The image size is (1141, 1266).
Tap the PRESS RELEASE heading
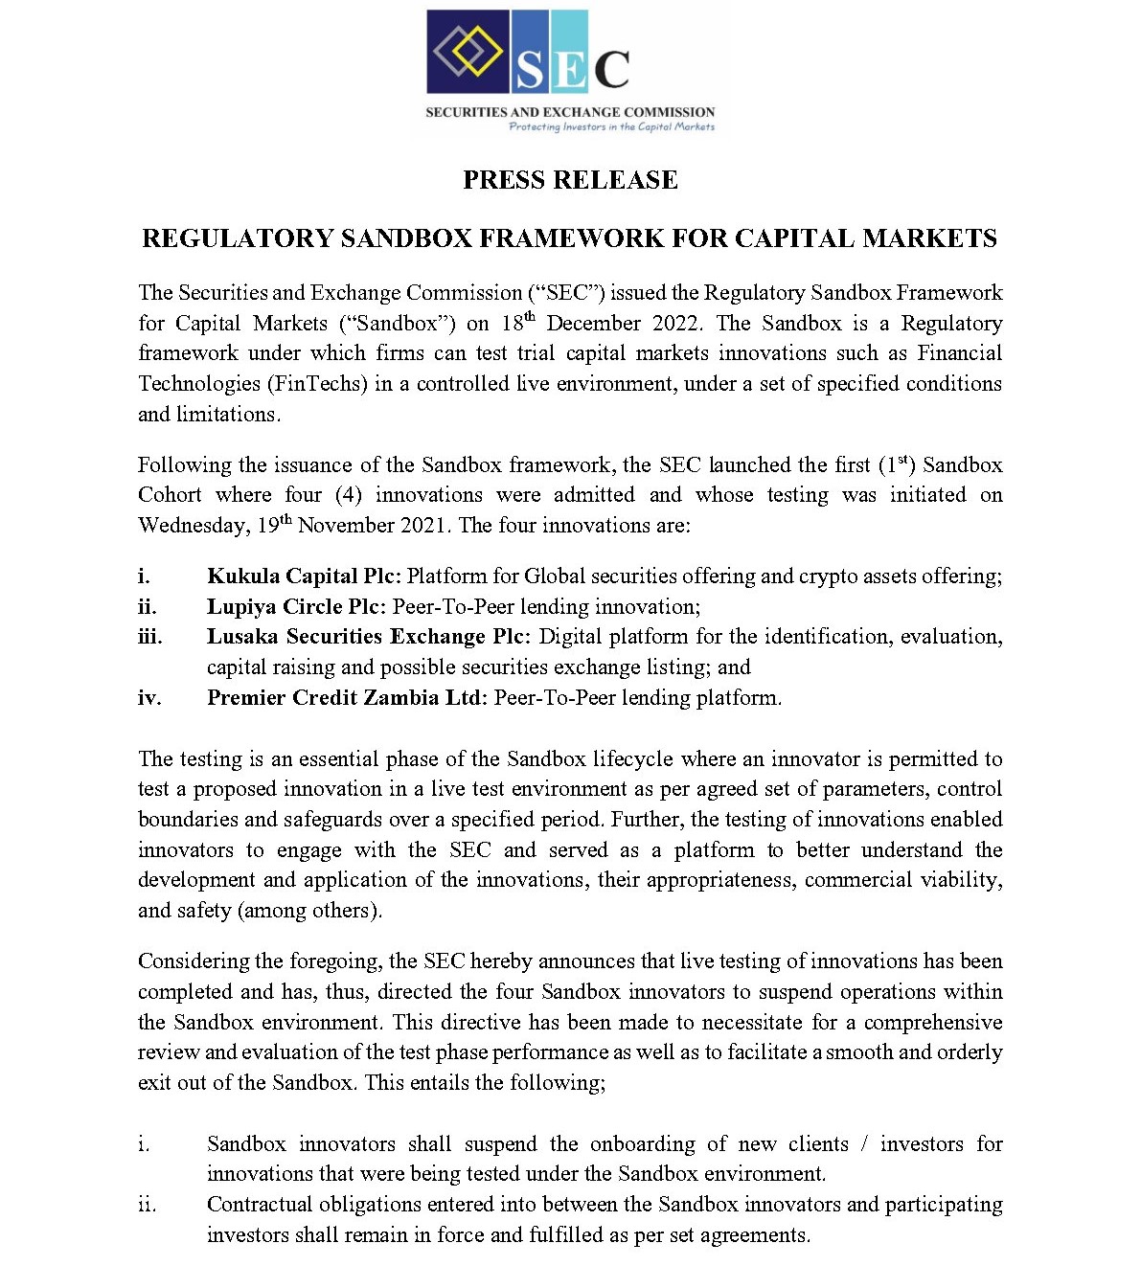pos(570,180)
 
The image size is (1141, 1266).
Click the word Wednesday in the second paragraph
pos(192,525)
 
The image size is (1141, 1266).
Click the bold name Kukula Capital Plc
pos(304,576)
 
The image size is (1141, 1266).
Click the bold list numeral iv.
pos(148,697)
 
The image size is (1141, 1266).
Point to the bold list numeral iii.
pos(149,636)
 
